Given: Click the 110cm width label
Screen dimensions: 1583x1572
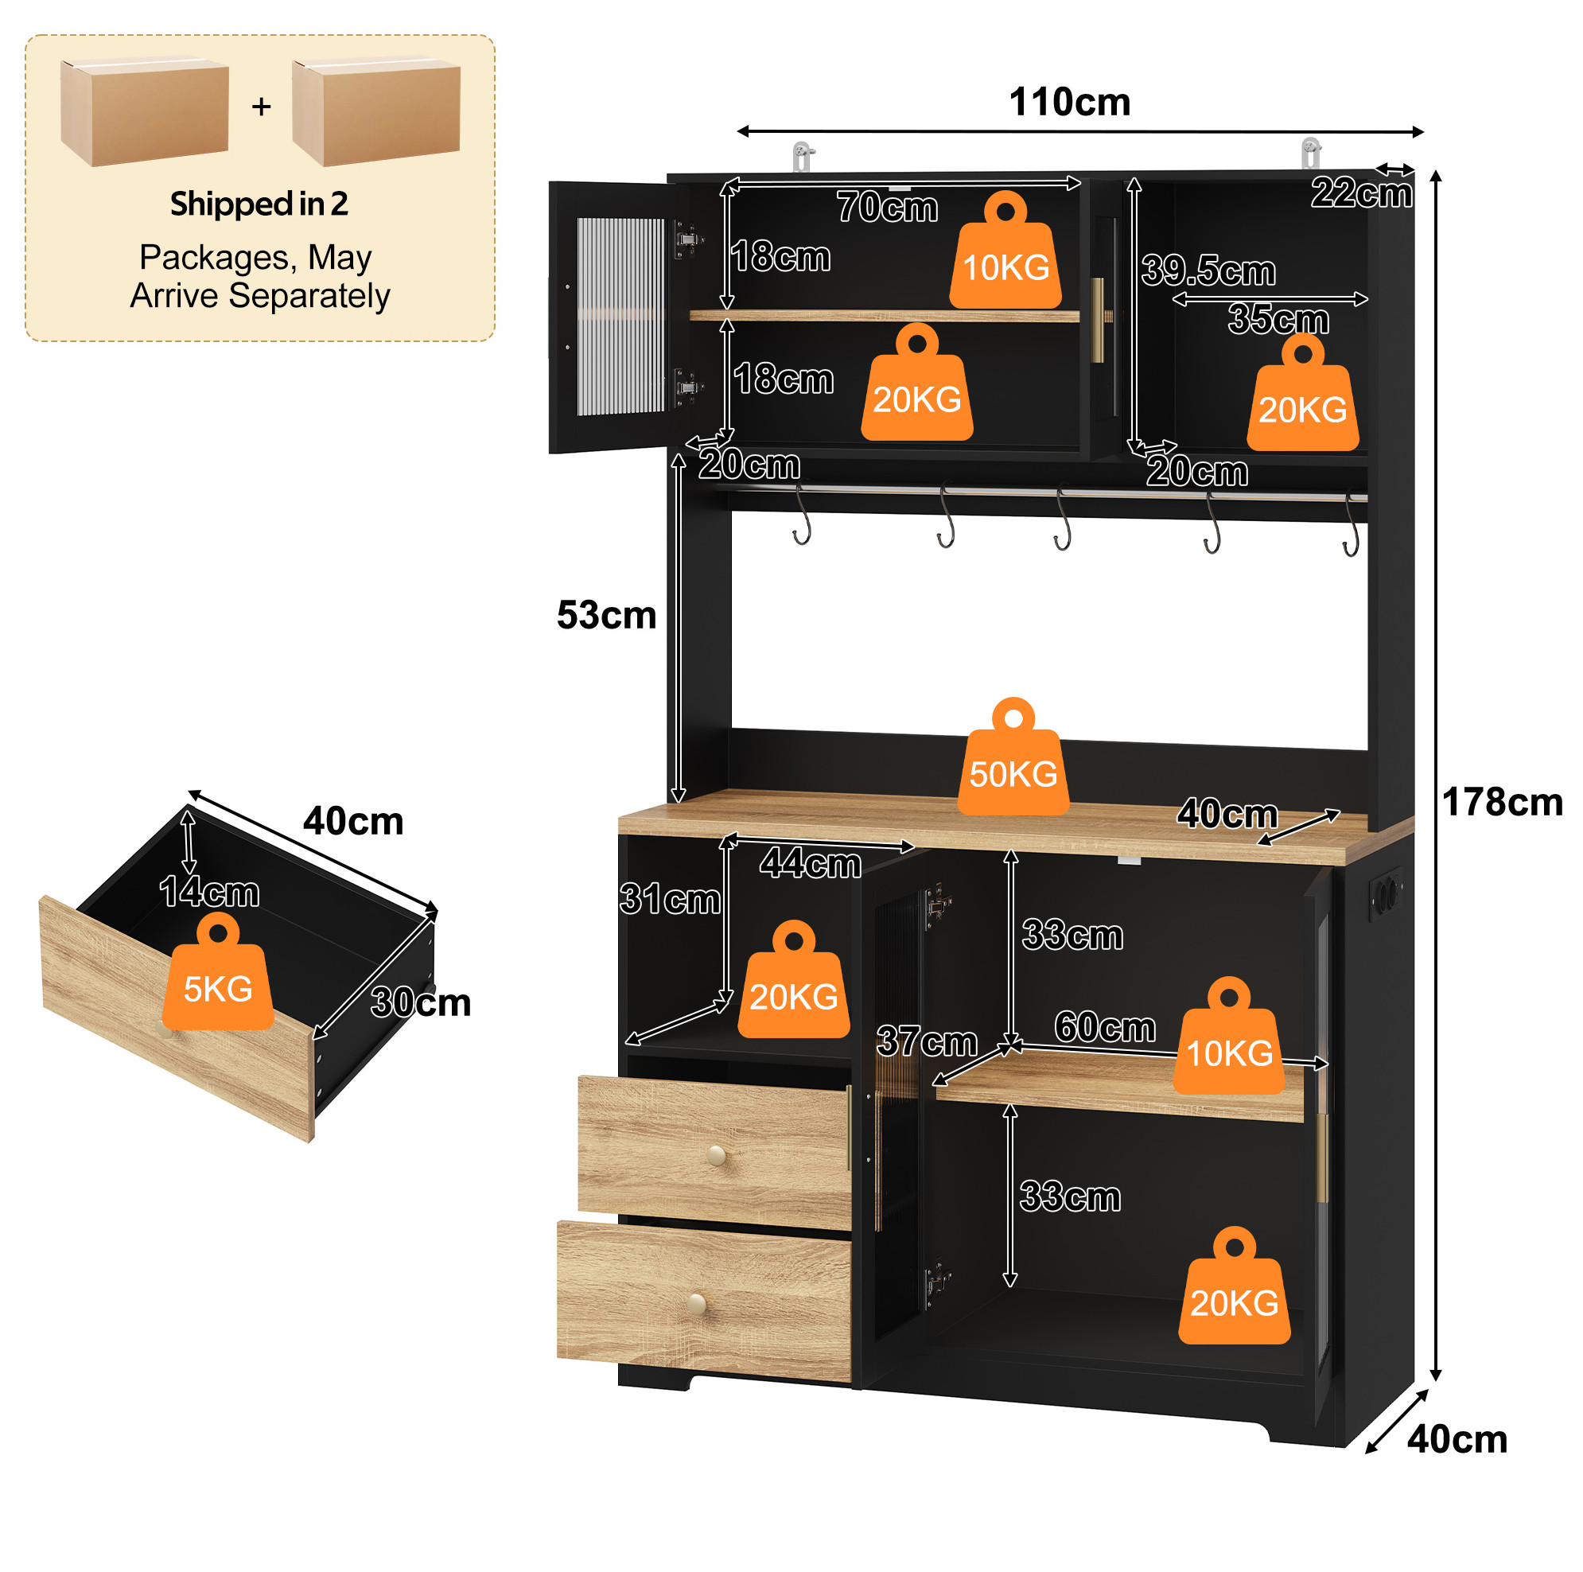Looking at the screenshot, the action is (x=1069, y=103).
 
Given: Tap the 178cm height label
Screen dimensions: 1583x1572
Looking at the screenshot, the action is (x=1502, y=802).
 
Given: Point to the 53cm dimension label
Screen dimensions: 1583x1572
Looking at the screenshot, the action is (x=606, y=615).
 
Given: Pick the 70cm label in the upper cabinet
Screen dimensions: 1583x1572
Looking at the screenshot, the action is (x=888, y=208).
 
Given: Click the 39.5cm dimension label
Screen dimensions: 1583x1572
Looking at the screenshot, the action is (x=1208, y=270).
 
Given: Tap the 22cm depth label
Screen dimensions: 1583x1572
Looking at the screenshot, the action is (x=1362, y=193).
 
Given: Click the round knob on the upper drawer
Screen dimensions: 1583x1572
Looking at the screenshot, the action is (x=716, y=1156).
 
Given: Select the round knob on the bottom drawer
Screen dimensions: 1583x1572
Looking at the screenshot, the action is (x=698, y=1302).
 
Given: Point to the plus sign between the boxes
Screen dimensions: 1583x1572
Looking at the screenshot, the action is (x=262, y=106).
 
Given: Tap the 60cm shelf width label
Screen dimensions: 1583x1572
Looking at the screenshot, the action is (x=1104, y=1027).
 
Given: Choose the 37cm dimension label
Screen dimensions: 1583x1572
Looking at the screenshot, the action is (x=927, y=1041).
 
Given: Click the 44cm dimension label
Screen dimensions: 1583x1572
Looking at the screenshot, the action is (x=811, y=864).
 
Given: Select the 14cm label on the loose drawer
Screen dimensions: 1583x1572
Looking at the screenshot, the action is (x=209, y=892).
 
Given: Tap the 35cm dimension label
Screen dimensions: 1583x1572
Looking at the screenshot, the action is (x=1278, y=319).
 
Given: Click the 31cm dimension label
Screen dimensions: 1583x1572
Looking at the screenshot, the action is (x=671, y=899).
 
